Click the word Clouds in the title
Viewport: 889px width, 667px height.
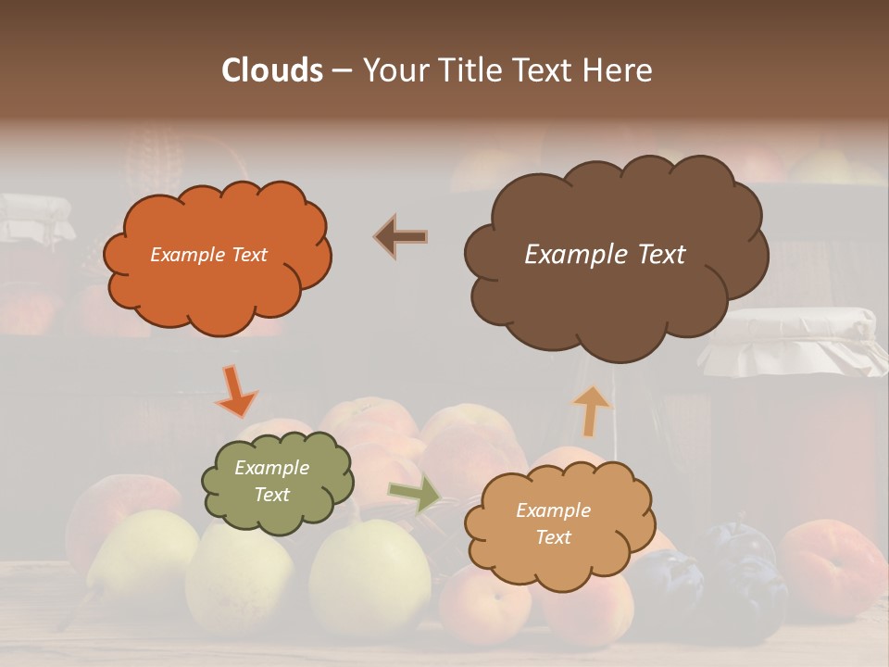click(x=272, y=70)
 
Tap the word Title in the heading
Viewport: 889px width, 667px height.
click(x=468, y=70)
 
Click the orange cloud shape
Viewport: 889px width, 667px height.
click(x=216, y=255)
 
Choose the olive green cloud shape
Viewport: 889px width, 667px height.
click(x=277, y=481)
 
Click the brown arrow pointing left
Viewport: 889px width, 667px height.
click(x=400, y=237)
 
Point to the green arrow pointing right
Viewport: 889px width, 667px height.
click(x=415, y=494)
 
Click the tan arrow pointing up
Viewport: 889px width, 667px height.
click(x=592, y=410)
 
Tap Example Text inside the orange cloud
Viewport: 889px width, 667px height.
click(x=208, y=255)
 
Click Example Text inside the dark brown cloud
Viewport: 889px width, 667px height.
click(x=605, y=255)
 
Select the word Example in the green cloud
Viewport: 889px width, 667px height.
click(x=271, y=468)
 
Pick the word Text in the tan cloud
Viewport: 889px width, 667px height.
click(x=553, y=537)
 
